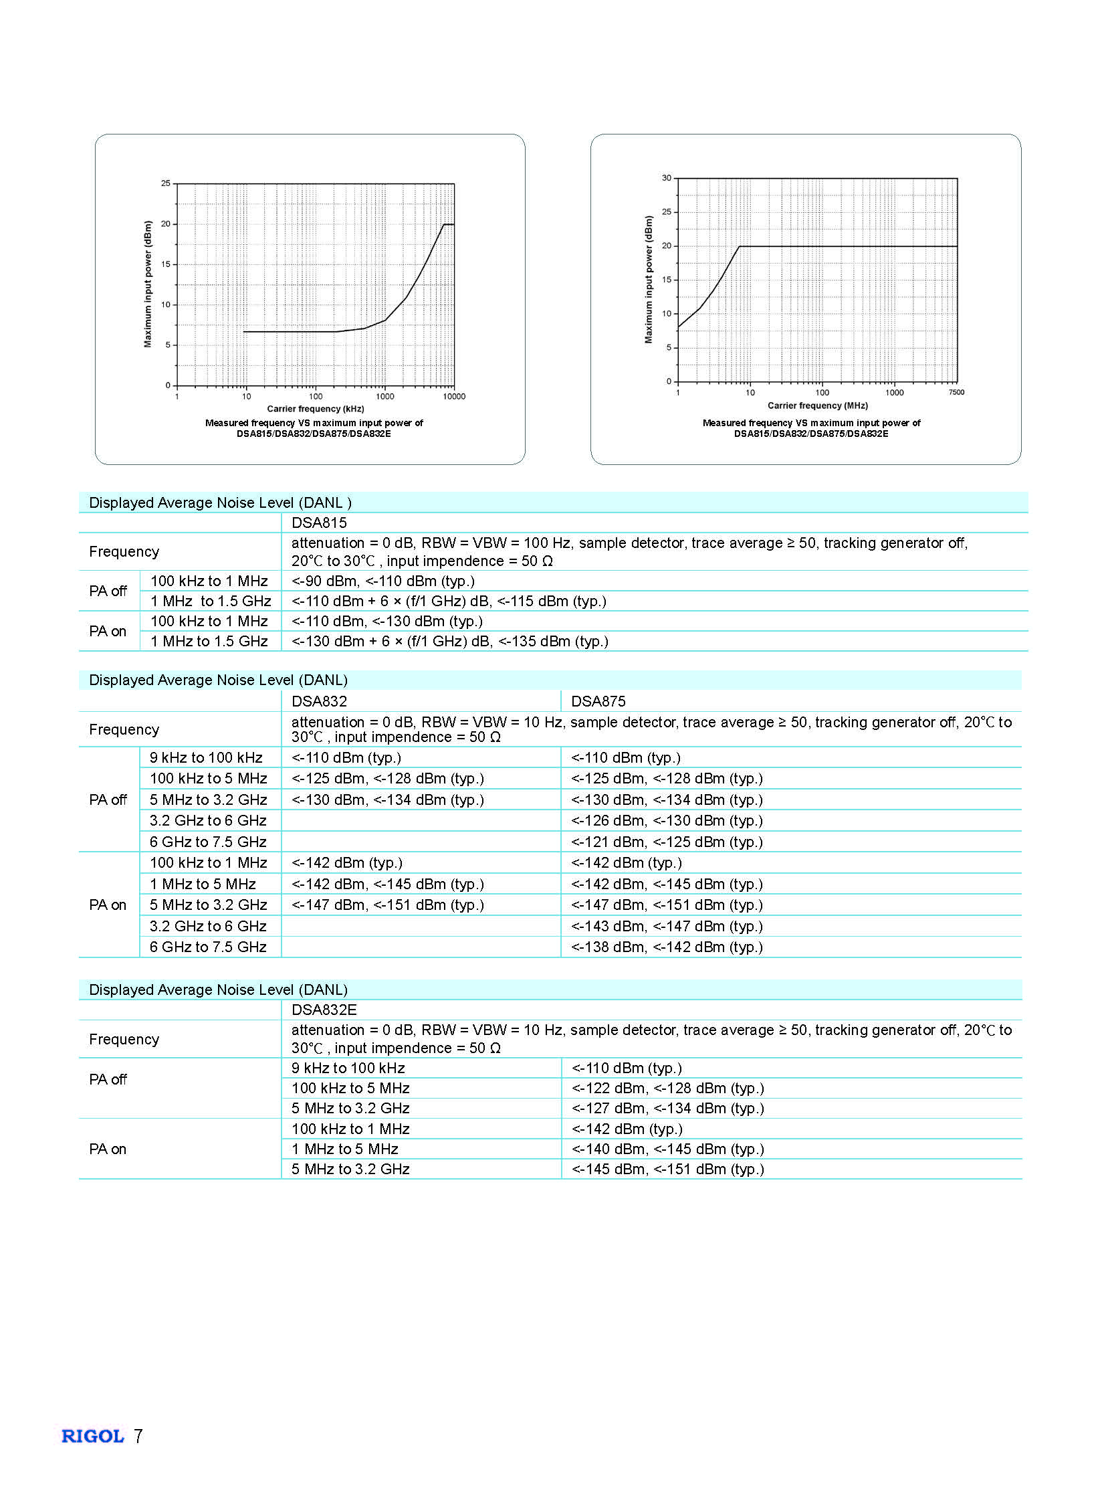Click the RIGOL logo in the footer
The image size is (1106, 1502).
pos(92,1436)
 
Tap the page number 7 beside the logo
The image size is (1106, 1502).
pos(138,1436)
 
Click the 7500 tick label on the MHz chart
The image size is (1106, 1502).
pos(956,393)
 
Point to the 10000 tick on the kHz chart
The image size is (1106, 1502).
pos(454,397)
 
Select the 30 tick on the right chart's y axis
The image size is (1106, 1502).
pos(666,178)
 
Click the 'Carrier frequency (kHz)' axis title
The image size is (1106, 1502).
pos(316,409)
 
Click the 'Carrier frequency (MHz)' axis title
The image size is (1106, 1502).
pos(817,405)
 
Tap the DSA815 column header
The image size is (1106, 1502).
pos(319,523)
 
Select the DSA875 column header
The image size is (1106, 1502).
pos(598,701)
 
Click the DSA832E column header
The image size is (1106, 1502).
pos(324,1010)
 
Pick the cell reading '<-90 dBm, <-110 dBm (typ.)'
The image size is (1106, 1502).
pos(383,581)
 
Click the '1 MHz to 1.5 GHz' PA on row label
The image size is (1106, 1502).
pos(209,641)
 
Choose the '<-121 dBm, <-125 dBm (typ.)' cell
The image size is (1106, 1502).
pos(667,842)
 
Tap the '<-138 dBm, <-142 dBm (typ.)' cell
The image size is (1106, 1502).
pos(667,947)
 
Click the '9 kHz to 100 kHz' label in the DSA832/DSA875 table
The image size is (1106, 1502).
pos(206,758)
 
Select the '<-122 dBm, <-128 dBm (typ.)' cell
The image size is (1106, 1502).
pos(667,1088)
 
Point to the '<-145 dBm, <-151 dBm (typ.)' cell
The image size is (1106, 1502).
pos(667,1169)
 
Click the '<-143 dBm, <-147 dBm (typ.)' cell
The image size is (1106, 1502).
pos(667,926)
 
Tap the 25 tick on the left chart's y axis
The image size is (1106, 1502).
pos(165,183)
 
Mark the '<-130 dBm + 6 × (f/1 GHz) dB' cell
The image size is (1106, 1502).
pos(450,641)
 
